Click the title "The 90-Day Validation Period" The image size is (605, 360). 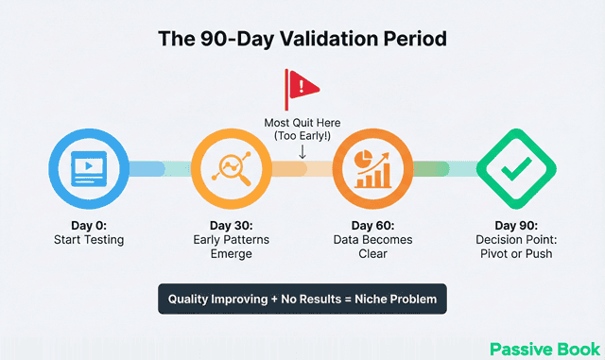point(302,40)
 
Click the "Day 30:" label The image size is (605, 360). point(225,226)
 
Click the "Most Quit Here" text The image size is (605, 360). point(302,122)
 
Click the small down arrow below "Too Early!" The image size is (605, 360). point(302,150)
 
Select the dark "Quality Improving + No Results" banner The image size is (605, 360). point(302,299)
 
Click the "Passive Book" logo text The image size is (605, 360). point(544,348)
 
